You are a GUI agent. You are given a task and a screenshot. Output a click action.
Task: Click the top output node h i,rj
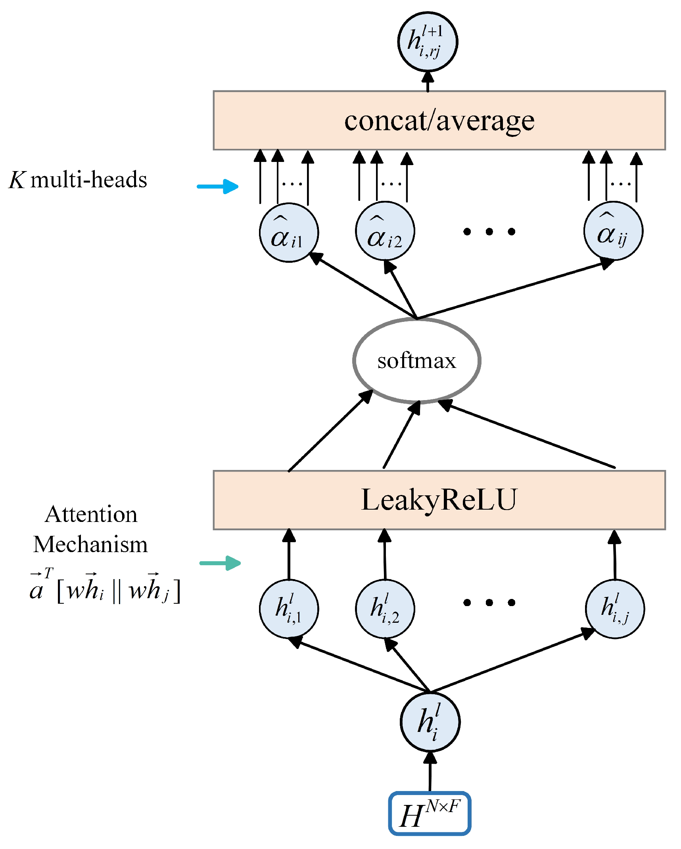tap(428, 42)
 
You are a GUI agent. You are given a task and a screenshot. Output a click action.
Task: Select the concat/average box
tap(439, 120)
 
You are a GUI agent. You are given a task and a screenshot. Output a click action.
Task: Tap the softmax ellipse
tap(417, 360)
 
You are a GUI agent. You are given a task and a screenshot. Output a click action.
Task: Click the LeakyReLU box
tap(439, 500)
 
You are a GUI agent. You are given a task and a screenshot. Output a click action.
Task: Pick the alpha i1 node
tap(289, 233)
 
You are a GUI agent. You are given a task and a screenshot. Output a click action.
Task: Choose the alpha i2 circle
tap(385, 231)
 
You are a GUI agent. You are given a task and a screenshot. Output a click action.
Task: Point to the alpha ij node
tap(613, 231)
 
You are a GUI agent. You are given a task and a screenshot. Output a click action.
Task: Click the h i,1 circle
tap(289, 608)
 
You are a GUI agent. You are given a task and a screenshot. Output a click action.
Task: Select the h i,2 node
tap(385, 608)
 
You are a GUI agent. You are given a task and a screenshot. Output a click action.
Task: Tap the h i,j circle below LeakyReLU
tap(615, 608)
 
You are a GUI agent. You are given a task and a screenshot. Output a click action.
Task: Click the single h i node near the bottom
tap(430, 722)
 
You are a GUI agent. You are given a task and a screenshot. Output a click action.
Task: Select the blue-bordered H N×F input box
tap(430, 813)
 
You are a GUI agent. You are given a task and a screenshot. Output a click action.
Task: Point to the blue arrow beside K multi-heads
tap(218, 186)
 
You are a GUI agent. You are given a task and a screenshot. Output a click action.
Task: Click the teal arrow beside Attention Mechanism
tap(220, 563)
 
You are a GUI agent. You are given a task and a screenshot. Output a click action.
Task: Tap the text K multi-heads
tap(78, 179)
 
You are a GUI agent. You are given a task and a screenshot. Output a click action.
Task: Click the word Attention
tap(91, 514)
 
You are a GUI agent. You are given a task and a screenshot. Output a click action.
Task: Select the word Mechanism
tap(90, 544)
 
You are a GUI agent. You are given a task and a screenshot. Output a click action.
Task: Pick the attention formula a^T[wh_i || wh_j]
tap(105, 586)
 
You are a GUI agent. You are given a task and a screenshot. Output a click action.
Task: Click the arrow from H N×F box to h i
tap(430, 772)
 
